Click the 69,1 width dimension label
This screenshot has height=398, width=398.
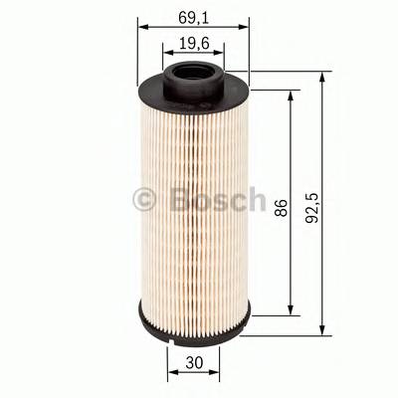(191, 17)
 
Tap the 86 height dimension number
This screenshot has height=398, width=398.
(281, 208)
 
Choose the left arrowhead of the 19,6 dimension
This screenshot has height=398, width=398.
(167, 55)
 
